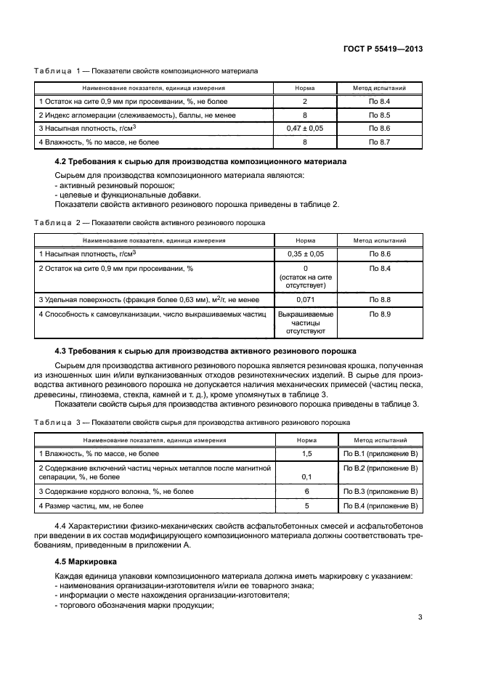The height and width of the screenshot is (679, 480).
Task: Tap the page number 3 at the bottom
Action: [x=420, y=619]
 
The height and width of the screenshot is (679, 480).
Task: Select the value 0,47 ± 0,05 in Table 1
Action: [x=304, y=129]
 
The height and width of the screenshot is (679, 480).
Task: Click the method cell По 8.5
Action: [x=380, y=115]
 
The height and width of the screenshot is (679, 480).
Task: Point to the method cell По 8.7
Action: [x=380, y=142]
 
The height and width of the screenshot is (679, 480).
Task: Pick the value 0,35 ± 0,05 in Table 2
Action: [x=304, y=254]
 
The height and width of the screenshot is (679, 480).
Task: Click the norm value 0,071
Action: [x=304, y=299]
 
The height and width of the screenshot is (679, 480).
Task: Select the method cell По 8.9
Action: [x=380, y=313]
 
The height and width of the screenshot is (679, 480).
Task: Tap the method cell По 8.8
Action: [x=380, y=299]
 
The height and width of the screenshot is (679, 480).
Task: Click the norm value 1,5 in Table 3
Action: [x=306, y=453]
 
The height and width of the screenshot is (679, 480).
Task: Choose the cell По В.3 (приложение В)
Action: [x=380, y=492]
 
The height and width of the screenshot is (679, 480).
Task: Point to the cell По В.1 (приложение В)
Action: [x=380, y=453]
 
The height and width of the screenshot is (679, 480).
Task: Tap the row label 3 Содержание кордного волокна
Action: [x=116, y=492]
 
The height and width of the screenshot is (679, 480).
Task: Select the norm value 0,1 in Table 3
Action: [x=306, y=477]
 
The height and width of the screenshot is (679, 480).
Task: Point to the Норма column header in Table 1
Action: [x=304, y=88]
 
